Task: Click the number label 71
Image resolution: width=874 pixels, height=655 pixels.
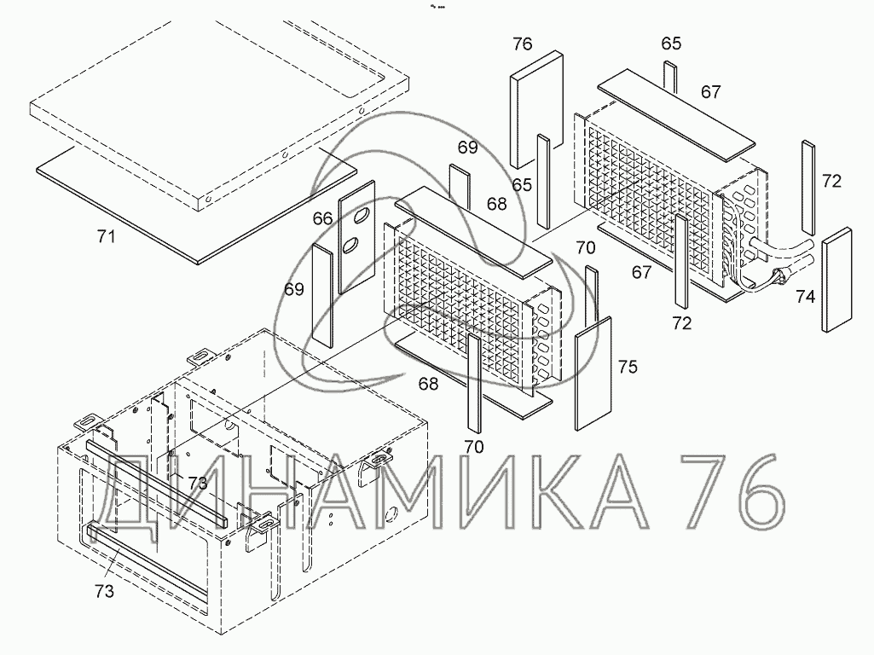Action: (x=105, y=238)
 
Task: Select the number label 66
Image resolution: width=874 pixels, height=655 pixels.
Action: (x=322, y=219)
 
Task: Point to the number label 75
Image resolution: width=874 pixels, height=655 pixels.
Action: (x=628, y=368)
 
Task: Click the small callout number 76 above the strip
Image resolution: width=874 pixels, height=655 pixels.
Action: (x=523, y=44)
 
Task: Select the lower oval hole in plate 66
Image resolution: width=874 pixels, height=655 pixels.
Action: (x=350, y=247)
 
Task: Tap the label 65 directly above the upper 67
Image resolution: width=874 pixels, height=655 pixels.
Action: (x=671, y=44)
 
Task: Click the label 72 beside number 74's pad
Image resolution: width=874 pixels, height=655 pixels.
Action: (x=831, y=181)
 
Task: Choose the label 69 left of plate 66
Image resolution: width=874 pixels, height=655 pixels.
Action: (x=294, y=290)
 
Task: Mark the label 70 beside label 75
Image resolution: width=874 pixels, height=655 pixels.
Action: (x=585, y=248)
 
